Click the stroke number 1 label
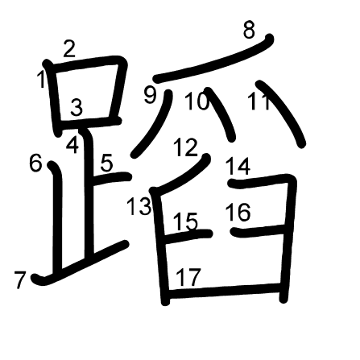pos(41,79)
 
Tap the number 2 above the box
pos(69,48)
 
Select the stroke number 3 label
pos(77,107)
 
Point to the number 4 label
pos(72,145)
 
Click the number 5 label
pos(107,163)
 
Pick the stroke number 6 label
pos(35,163)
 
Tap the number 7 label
pos(20,280)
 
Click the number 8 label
pos(249,30)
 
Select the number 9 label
pos(150,94)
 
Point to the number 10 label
pos(197,101)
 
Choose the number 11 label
pos(259,101)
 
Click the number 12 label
pos(185,147)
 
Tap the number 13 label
pos(139,206)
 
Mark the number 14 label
pos(238,167)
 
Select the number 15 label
pos(185,221)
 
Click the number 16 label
pos(238,213)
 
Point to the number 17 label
pos(188,277)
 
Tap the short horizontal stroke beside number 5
pos(111,178)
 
